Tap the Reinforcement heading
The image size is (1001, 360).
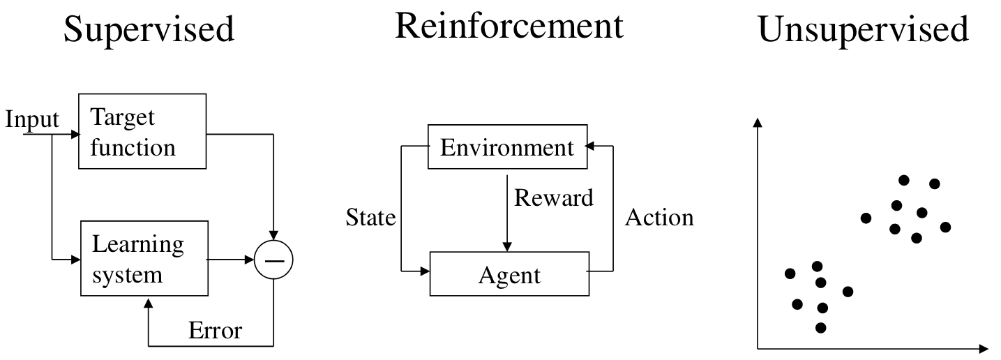pos(509,26)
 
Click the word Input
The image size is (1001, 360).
pos(32,120)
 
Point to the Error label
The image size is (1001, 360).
pos(216,331)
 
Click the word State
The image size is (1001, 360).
pos(371,218)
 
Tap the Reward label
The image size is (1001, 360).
pos(554,197)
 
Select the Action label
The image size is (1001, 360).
pos(659,218)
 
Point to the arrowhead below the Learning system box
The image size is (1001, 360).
pos(149,303)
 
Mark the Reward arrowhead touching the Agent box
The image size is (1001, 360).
pos(506,246)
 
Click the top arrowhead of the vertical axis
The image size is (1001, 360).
pos(758,123)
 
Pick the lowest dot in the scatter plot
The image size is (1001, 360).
pos(820,328)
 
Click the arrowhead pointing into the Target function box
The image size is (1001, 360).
pos(75,134)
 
